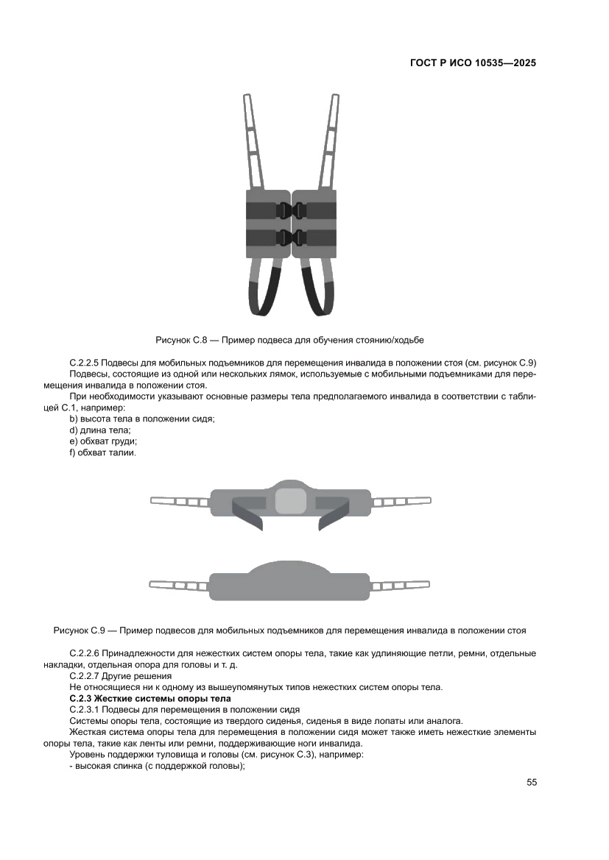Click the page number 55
pos(532,781)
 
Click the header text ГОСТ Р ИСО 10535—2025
pos(472,63)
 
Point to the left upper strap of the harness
pos(254,140)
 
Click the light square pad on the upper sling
pos(290,501)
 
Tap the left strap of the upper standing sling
pos(180,501)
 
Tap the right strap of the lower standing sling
pos(401,586)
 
